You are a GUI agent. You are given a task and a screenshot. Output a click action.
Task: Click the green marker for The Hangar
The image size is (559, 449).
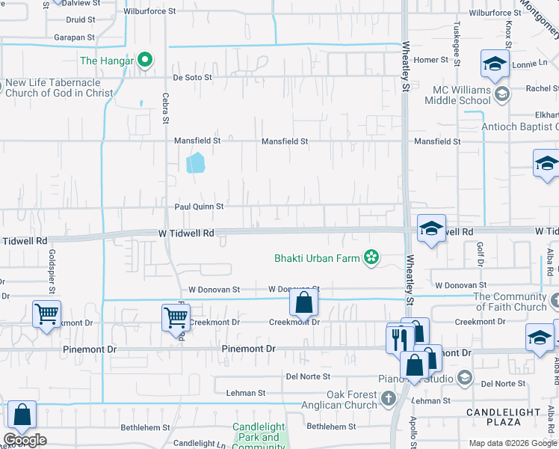tap(146, 60)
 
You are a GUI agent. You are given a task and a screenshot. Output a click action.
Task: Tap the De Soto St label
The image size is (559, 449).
tap(194, 76)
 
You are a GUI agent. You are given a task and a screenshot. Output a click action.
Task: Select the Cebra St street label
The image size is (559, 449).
tap(166, 109)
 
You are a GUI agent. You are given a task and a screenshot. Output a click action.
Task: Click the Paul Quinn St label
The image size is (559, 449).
tap(199, 207)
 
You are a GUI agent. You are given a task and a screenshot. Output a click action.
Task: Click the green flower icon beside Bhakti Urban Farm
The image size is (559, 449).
tap(370, 259)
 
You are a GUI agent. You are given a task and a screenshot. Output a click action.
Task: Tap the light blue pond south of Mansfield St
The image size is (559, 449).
tap(195, 162)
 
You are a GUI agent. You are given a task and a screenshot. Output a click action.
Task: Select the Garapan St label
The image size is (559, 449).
tap(74, 37)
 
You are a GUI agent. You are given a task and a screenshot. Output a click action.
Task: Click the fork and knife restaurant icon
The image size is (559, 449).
tap(395, 339)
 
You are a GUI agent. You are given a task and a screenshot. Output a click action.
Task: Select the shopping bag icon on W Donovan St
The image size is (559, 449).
tap(303, 304)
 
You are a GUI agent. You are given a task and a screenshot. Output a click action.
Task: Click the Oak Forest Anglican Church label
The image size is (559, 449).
tap(351, 400)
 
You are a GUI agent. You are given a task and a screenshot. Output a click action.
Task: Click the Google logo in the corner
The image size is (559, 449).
tap(25, 441)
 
